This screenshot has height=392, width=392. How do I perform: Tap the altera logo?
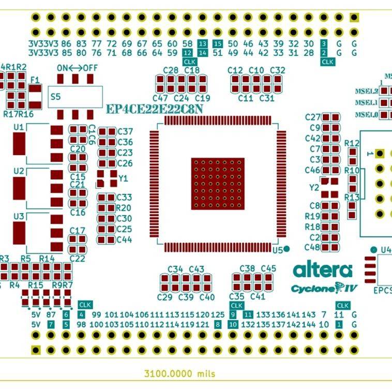tap(323, 270)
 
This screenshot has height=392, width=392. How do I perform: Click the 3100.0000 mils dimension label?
tap(179, 373)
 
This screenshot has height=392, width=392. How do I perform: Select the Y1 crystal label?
tap(123, 178)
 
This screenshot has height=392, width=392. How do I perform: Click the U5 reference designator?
tap(278, 249)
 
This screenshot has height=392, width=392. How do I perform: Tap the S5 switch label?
tap(55, 97)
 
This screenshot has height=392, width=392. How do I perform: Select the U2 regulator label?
tap(19, 171)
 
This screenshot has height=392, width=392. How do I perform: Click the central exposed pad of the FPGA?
tap(218, 184)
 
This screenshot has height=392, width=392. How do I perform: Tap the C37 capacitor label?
tap(125, 131)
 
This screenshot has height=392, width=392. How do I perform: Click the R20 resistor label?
tap(124, 208)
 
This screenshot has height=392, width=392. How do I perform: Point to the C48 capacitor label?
tap(312, 247)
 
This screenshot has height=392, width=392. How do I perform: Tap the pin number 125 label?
tap(218, 315)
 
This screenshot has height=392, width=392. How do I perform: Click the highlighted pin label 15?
tap(218, 44)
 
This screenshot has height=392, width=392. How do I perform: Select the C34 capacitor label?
tap(175, 269)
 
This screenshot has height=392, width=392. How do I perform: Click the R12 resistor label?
tap(352, 143)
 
